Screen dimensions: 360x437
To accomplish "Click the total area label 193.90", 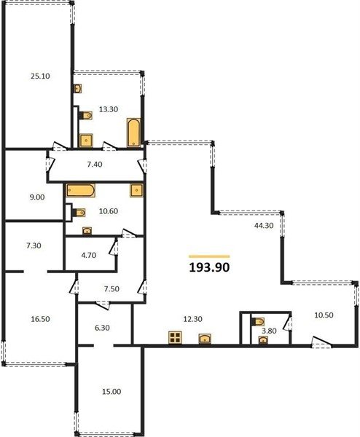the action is point(209,267).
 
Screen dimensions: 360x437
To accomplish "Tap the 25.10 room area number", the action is point(40,76).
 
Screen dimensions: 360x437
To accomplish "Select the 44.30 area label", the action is point(264,226).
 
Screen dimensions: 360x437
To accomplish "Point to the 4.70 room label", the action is point(89,255).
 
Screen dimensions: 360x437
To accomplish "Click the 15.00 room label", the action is point(111,392).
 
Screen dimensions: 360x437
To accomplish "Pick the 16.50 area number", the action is point(40,319).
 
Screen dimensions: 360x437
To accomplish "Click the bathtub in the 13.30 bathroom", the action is point(134,133).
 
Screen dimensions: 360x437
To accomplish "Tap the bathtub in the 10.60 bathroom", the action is point(81,190).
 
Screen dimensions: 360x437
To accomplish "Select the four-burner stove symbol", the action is point(175,337).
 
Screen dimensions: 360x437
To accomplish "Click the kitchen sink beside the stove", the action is point(205,339).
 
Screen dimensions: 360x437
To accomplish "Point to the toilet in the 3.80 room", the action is point(258,322).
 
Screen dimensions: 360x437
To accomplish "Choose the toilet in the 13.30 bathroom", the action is point(85,115).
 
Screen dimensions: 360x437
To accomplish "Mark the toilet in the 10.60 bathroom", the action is point(79,213).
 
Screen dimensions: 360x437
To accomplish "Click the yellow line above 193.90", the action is point(209,256).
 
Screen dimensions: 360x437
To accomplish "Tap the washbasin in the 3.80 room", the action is point(263,340).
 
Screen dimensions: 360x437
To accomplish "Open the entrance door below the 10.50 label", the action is point(321,342).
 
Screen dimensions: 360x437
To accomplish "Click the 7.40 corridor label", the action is point(95,165).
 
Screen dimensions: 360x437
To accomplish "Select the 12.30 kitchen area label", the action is point(192,319).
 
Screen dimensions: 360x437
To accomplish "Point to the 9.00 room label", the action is point(37,197).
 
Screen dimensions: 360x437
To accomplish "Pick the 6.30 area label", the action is point(102,328).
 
